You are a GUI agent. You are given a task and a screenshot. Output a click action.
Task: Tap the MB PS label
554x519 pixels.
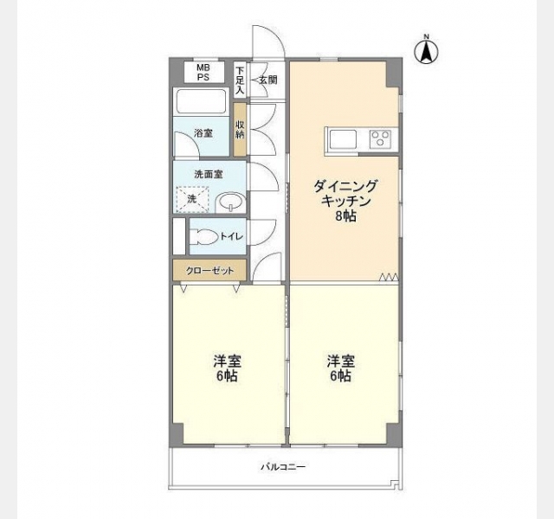tap(203, 73)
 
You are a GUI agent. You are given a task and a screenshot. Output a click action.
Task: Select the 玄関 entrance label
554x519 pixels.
tap(268, 80)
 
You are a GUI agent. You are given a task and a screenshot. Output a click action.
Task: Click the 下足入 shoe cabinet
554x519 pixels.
tap(240, 80)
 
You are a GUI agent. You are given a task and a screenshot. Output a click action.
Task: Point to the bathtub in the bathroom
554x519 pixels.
tap(201, 101)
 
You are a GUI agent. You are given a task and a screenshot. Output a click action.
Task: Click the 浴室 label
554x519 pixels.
tap(203, 133)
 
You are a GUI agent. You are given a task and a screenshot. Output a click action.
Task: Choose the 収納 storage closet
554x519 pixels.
tap(240, 129)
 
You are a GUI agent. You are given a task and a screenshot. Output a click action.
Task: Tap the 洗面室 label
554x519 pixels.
tap(209, 174)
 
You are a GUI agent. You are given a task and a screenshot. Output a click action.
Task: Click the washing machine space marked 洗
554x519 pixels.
tap(192, 200)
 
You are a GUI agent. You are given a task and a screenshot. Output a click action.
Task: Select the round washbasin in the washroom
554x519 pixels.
tap(231, 202)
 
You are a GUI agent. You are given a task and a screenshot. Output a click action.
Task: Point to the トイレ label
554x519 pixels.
tap(231, 236)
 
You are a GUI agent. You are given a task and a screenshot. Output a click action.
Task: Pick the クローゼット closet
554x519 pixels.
tap(209, 271)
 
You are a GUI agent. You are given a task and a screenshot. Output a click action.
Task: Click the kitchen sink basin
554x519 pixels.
tap(343, 139)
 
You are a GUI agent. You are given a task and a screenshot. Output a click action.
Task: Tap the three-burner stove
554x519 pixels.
tap(381, 139)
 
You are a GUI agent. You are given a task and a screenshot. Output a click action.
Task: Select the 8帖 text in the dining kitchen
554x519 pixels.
tap(346, 216)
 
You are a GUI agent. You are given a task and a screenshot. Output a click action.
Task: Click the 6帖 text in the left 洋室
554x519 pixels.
tap(227, 376)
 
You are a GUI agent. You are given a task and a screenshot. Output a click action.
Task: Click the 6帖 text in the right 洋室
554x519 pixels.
tap(340, 376)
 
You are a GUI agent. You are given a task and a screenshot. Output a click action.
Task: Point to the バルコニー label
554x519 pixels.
tap(283, 467)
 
